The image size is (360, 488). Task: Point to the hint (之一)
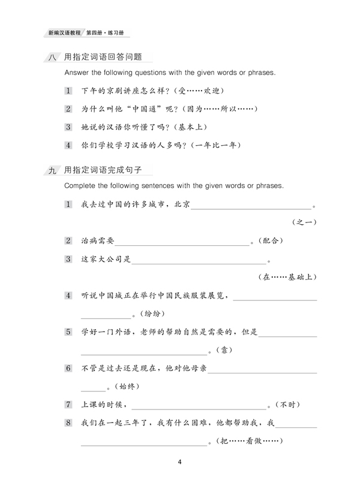click(304, 222)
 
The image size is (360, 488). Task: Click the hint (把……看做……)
click(247, 442)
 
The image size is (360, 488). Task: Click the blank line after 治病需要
click(182, 244)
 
